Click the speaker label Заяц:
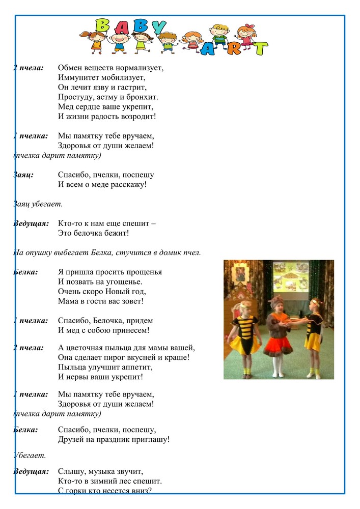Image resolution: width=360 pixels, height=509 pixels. pos(23,175)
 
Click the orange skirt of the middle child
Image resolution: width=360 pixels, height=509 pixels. pos(277,347)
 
